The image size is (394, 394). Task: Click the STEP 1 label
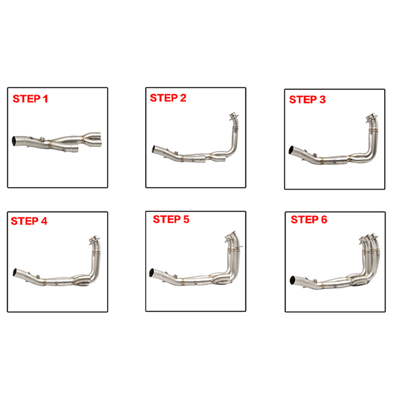click(30, 98)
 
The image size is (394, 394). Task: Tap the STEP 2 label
click(168, 98)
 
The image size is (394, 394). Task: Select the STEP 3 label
click(307, 100)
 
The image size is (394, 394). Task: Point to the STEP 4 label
click(29, 221)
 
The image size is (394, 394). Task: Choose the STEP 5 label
click(171, 219)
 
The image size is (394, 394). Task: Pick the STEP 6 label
click(309, 219)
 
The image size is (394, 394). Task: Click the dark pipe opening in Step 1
click(14, 141)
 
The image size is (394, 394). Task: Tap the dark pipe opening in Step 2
click(154, 149)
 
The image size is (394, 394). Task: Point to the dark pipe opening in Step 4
click(15, 272)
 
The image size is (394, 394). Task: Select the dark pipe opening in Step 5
click(152, 273)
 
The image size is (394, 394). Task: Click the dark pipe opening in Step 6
click(293, 280)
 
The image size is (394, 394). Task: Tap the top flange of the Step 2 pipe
click(234, 116)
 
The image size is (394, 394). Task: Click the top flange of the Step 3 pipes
click(372, 117)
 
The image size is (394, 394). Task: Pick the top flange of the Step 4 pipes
click(95, 239)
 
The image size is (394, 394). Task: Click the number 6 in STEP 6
click(324, 219)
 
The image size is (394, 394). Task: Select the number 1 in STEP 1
click(45, 98)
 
